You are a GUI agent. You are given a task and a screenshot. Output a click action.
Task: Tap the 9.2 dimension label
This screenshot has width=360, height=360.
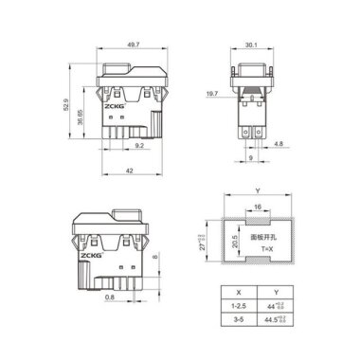138,146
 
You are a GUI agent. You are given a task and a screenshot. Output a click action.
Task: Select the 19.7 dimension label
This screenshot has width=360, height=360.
213,95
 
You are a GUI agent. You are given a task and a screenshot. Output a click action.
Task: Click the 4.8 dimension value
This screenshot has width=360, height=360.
278,145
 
